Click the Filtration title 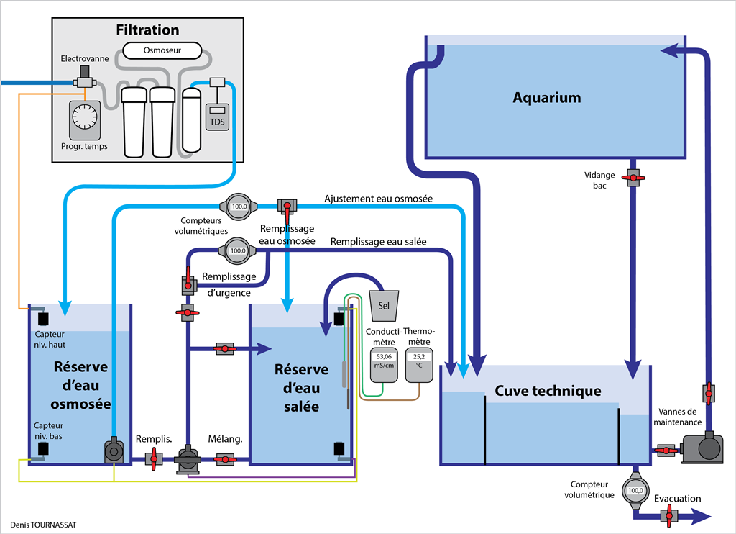click(147, 30)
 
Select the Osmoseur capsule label click(161, 50)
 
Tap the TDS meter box click(216, 117)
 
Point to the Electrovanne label click(85, 58)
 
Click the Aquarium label click(546, 98)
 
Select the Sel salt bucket click(383, 305)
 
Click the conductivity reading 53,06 click(383, 356)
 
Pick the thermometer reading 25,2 click(418, 356)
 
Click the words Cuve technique click(548, 392)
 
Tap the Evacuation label click(677, 499)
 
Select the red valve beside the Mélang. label click(225, 458)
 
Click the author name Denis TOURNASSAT click(43, 525)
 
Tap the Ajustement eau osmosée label click(378, 199)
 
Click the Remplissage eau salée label click(379, 243)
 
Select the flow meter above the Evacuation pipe click(635, 492)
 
